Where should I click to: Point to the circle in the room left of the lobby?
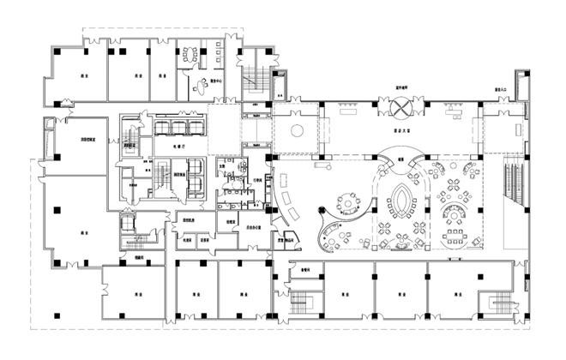[296, 131]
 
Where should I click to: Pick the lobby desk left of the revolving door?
[349, 108]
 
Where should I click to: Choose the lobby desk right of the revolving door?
[453, 108]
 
